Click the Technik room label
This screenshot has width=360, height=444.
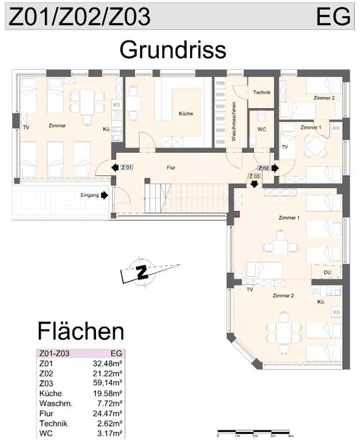[262, 92]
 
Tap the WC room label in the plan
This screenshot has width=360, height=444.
[262, 129]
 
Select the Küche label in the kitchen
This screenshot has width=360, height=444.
[186, 113]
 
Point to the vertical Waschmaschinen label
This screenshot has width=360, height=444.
[234, 121]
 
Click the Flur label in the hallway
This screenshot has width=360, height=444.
[171, 167]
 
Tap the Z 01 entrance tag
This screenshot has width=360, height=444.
[127, 167]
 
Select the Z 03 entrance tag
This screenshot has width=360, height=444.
[254, 176]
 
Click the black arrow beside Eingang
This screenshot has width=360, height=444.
[105, 195]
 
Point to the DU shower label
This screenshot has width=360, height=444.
[327, 273]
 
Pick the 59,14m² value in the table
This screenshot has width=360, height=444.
[108, 383]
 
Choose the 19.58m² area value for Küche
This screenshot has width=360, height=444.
[108, 393]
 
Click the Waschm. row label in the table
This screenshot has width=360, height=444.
[56, 403]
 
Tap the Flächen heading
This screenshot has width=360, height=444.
[81, 331]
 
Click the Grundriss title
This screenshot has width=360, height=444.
[173, 50]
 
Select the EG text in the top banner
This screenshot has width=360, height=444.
[333, 16]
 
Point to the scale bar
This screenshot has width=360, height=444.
[254, 432]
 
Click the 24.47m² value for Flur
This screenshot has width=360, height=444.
[108, 413]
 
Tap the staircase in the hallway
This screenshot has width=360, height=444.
[187, 198]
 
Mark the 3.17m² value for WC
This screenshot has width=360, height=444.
[109, 433]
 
